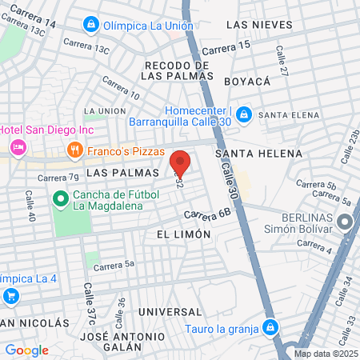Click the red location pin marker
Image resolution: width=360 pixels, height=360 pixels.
point(180,163)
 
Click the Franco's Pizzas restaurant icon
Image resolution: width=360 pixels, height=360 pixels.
point(74,150)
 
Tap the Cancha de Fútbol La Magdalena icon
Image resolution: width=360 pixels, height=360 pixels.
point(59,198)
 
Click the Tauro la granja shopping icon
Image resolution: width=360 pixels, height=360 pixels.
point(271,326)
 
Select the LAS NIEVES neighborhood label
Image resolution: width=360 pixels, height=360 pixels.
point(254,26)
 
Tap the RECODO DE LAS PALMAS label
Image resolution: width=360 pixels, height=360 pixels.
point(177,70)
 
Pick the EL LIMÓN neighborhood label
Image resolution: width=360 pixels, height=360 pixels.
point(183,234)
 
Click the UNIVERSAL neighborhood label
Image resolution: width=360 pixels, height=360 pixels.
point(167,310)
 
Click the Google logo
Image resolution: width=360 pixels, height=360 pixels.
point(26,350)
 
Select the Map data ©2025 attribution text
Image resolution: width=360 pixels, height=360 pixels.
point(326,354)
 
